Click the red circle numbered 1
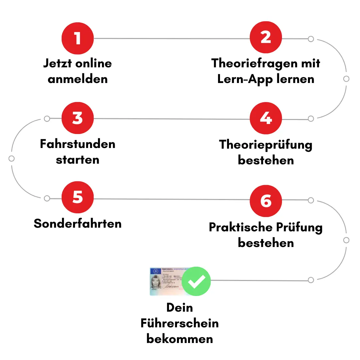78,38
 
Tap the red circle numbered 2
266,38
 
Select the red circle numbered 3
78,118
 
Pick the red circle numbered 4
266,119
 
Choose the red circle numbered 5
78,197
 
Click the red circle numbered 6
266,201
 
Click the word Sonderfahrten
78,223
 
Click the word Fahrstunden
78,144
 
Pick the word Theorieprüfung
266,145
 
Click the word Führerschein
180,323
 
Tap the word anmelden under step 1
78,79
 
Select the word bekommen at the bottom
180,339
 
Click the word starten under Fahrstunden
78,160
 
